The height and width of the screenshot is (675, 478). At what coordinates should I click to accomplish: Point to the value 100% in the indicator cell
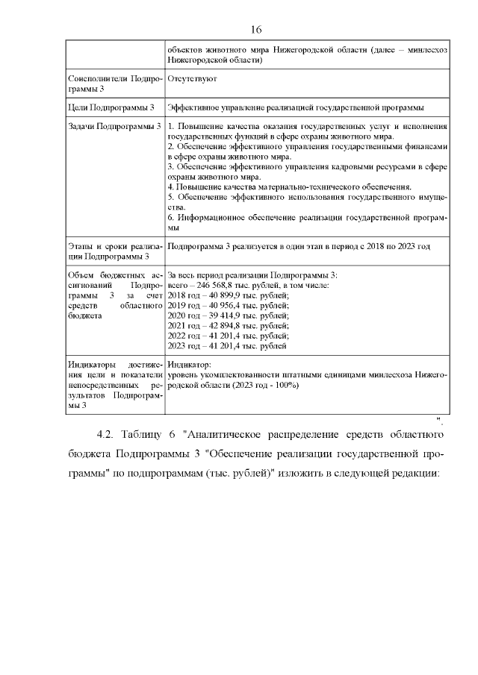coord(287,385)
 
